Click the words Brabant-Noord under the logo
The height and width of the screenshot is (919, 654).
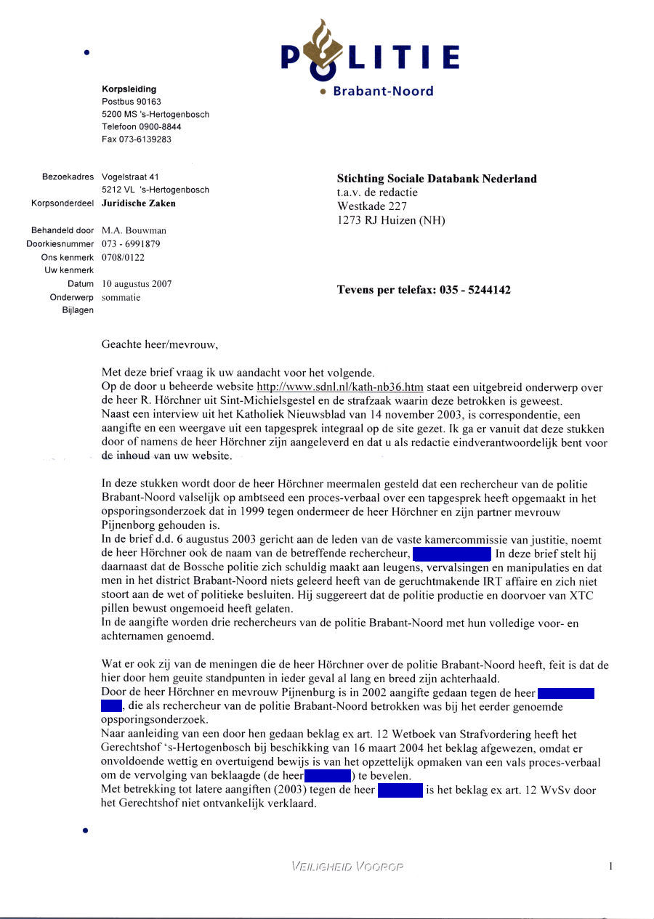click(x=382, y=92)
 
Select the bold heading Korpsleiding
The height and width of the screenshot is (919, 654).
click(x=129, y=89)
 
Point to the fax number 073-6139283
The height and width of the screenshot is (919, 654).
click(x=137, y=139)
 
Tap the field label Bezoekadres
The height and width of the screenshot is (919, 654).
click(x=68, y=177)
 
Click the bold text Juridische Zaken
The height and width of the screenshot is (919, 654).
click(x=138, y=203)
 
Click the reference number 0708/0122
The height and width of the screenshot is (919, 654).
click(x=123, y=257)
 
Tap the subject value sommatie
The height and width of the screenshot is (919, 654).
click(x=121, y=297)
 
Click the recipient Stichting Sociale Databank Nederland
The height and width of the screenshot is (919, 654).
click(x=437, y=179)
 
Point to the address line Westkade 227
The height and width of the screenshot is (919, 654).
click(x=368, y=206)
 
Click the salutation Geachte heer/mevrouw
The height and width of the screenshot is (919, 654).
click(x=159, y=345)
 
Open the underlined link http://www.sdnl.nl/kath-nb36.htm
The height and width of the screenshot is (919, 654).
click(x=340, y=387)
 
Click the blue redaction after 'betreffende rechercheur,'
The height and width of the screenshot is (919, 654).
click(x=452, y=555)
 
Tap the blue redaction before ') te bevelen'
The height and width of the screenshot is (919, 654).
click(x=327, y=776)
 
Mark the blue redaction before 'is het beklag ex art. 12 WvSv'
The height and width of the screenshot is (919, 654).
click(x=400, y=790)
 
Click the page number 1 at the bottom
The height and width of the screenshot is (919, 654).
click(x=611, y=865)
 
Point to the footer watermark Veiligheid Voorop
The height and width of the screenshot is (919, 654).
click(x=347, y=866)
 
